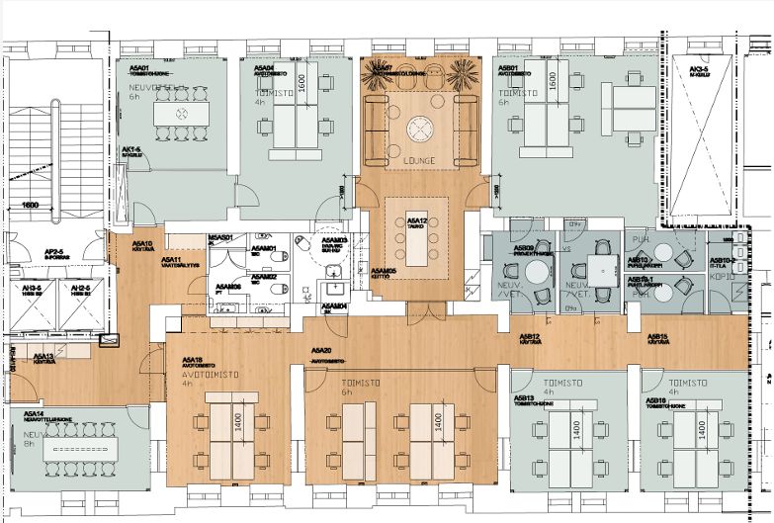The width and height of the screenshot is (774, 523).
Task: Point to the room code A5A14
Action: (x=34, y=413)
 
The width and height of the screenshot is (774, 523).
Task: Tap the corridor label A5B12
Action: (x=531, y=338)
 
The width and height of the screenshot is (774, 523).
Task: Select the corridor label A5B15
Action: (x=657, y=338)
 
